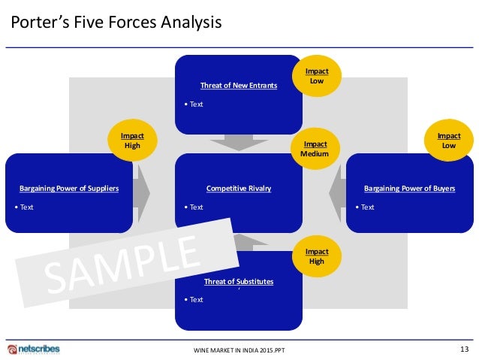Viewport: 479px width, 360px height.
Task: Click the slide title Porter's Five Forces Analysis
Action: coord(116,23)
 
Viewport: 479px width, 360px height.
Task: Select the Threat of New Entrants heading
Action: coord(239,86)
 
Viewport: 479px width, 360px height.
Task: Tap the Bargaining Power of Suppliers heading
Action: coord(69,189)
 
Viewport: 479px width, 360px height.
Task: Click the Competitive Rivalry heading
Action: coord(239,189)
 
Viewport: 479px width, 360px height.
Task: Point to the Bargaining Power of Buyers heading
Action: coord(409,189)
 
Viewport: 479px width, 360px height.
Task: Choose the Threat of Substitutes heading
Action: coord(239,282)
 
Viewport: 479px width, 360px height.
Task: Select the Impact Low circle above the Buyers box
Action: coord(449,141)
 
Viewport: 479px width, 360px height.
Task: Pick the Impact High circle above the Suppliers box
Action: coord(133,141)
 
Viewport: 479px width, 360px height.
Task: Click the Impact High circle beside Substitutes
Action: coord(317,256)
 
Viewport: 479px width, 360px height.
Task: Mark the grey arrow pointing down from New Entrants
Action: coord(239,142)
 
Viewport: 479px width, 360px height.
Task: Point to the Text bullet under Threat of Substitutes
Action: coord(194,300)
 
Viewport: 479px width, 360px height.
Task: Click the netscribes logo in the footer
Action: coord(34,349)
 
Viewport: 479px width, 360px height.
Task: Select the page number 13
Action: coord(463,348)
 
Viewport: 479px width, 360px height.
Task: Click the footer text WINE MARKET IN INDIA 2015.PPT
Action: coord(239,350)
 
